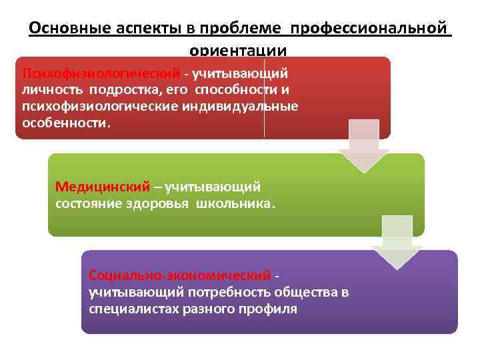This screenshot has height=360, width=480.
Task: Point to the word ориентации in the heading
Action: [x=238, y=50]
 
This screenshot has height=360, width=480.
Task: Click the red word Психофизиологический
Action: [x=101, y=72]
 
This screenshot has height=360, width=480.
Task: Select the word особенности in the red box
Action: [x=64, y=123]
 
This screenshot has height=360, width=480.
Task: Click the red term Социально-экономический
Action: [x=179, y=275]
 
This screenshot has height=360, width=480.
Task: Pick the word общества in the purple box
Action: [x=307, y=292]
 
